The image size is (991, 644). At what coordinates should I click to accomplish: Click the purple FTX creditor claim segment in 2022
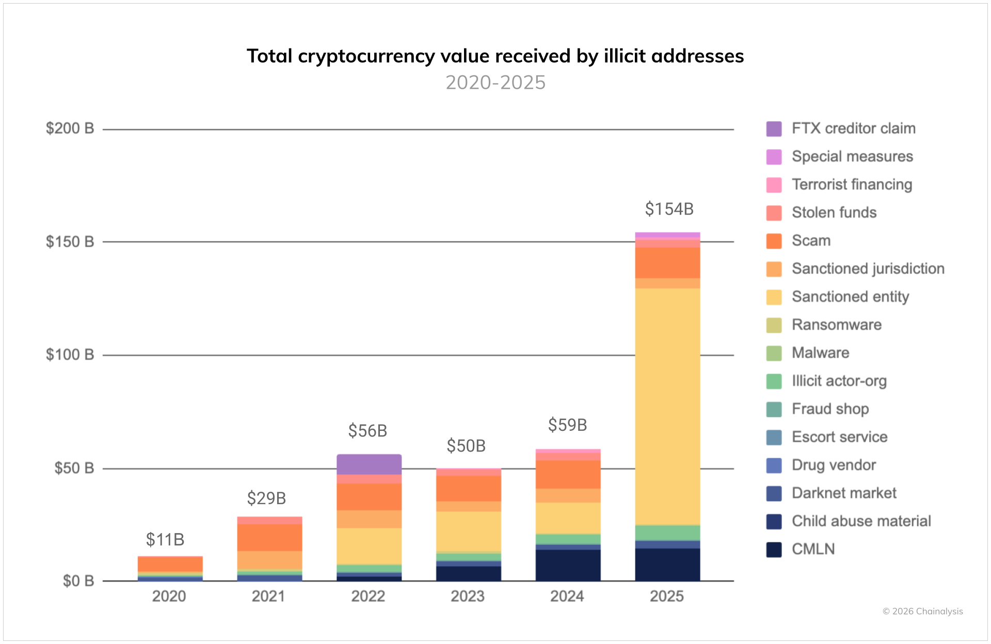pos(369,464)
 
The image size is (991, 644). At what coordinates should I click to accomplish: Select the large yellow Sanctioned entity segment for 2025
pos(667,406)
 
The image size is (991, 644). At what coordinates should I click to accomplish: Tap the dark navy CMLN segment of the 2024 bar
pos(568,565)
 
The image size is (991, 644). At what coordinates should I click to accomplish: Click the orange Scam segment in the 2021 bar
pos(269,538)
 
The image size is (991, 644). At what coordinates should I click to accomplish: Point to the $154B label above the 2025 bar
pos(669,209)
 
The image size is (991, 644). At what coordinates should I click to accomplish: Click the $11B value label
pos(165,539)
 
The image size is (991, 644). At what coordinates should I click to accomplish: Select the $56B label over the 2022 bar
pos(367,430)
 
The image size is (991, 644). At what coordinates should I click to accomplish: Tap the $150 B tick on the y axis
pos(70,242)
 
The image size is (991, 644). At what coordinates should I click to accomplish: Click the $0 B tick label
pos(78,581)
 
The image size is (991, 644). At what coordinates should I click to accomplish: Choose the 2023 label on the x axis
pos(468,596)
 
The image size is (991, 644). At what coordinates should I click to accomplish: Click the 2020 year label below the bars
pos(169,596)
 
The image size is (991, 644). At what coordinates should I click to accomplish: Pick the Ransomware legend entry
pos(836,325)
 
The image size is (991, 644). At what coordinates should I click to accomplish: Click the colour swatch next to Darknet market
pos(774,493)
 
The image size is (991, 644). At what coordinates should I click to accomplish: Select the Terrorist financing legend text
pos(852,184)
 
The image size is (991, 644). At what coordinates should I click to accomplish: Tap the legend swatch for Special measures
pos(774,157)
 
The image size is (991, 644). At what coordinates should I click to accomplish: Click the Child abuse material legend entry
pos(861,521)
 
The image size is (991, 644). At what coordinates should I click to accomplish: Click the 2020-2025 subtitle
pos(495,83)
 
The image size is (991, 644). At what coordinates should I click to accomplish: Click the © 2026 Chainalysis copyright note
pos(922,611)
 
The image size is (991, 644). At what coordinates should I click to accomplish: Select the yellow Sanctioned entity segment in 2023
pos(468,532)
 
